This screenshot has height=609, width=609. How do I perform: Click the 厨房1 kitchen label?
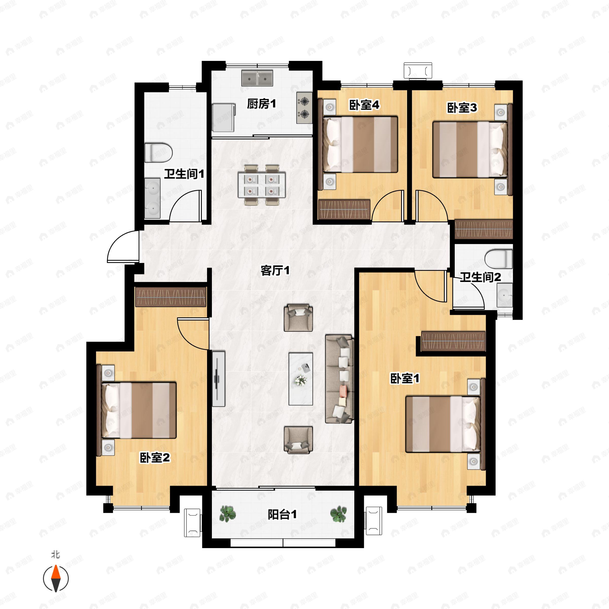pyautogui.click(x=261, y=104)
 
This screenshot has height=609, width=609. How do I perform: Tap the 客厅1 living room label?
pyautogui.click(x=275, y=270)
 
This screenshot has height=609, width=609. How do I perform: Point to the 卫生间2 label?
pyautogui.click(x=480, y=277)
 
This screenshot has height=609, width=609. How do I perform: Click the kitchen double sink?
pyautogui.click(x=257, y=78)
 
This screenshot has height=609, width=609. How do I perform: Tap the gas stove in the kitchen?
pyautogui.click(x=304, y=108)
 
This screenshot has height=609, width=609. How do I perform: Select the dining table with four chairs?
pyautogui.click(x=262, y=185)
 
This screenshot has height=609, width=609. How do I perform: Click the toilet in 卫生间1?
pyautogui.click(x=159, y=153)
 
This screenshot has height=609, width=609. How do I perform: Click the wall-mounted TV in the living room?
pyautogui.click(x=218, y=379)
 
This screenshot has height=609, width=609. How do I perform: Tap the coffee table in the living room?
pyautogui.click(x=301, y=379)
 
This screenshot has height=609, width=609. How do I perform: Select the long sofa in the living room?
pyautogui.click(x=340, y=379)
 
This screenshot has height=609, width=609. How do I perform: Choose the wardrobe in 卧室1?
pyautogui.click(x=453, y=341)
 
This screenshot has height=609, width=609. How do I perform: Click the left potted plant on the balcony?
pyautogui.click(x=227, y=514)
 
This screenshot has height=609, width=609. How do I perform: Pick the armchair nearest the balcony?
pyautogui.click(x=298, y=440)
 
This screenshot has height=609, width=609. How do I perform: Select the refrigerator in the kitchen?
pyautogui.click(x=224, y=117)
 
